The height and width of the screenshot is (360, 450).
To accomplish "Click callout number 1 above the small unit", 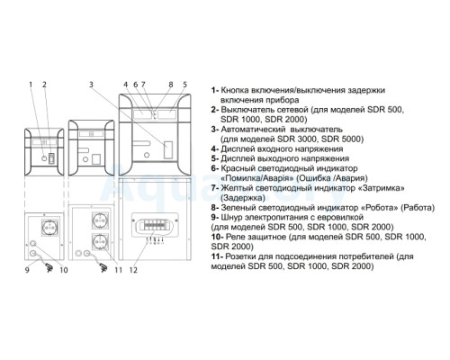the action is click(31, 85).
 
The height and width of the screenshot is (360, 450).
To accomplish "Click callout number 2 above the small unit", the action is click(44, 85).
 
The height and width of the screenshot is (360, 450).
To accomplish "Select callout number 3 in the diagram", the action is click(91, 85).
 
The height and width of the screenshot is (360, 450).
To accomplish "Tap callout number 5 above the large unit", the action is click(184, 85).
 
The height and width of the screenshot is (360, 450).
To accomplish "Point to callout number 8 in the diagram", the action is click(171, 85).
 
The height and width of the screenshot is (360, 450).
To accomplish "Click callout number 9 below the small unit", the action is click(27, 270).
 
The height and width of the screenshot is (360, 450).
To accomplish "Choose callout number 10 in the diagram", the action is click(64, 270).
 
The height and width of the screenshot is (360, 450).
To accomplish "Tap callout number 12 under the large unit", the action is click(133, 270).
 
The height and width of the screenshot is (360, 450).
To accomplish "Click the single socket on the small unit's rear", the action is click(49, 228).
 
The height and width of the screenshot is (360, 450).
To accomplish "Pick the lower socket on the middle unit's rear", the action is click(100, 241).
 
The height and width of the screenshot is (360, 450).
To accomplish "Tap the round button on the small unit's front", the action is click(44, 158).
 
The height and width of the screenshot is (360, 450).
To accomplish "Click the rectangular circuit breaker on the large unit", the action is click(168, 149).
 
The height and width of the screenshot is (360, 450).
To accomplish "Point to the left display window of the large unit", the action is click(142, 114).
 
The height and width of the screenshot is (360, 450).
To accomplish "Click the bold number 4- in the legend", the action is click(215, 149).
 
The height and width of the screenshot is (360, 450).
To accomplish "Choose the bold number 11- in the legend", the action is click(217, 256).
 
